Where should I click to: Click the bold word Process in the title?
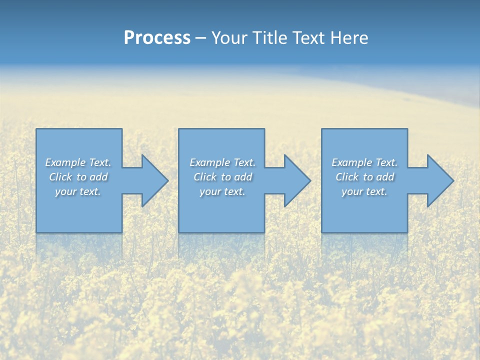pyautogui.click(x=157, y=38)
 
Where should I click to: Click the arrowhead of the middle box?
pyautogui.click(x=296, y=180)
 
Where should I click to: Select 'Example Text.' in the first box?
pyautogui.click(x=78, y=162)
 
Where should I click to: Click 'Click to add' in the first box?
pyautogui.click(x=78, y=177)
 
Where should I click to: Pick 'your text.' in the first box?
pyautogui.click(x=78, y=191)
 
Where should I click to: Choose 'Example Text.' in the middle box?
pyautogui.click(x=222, y=162)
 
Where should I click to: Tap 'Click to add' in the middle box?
pyautogui.click(x=222, y=177)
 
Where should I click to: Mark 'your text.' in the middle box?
pyautogui.click(x=222, y=191)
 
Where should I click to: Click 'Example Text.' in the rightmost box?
pyautogui.click(x=364, y=162)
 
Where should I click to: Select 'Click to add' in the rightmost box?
pyautogui.click(x=364, y=177)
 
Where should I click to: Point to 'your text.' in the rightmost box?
pyautogui.click(x=364, y=191)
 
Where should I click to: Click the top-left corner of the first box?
pyautogui.click(x=37, y=129)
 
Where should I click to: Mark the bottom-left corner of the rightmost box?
pyautogui.click(x=322, y=231)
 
